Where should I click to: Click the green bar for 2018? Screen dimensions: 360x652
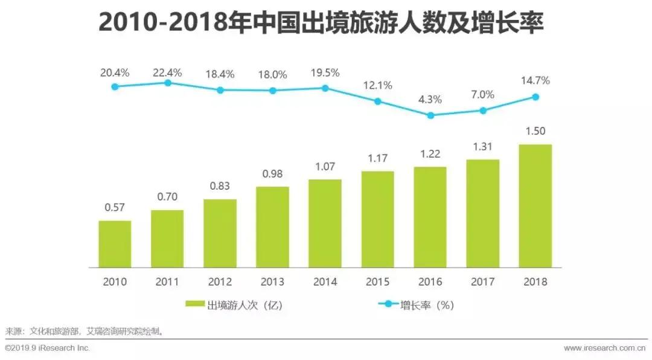tap(535, 205)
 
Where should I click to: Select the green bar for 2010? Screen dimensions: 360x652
tap(115, 243)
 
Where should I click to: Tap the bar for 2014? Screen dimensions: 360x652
tap(325, 223)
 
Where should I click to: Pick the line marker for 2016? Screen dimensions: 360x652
tap(430, 115)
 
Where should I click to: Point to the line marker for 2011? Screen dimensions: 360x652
tap(168, 83)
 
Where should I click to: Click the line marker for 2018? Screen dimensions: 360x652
tap(535, 97)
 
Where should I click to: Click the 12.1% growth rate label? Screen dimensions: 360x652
tap(377, 85)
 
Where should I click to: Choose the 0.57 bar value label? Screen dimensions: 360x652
tap(115, 208)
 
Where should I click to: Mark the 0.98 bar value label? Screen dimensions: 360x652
tap(272, 174)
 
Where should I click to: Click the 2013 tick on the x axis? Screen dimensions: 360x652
tap(272, 282)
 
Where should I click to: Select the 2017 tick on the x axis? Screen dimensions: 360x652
tap(482, 282)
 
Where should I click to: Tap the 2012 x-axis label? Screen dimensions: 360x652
tap(220, 282)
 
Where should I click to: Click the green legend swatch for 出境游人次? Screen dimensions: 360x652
tap(196, 305)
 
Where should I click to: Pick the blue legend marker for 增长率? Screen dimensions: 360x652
tap(389, 305)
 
